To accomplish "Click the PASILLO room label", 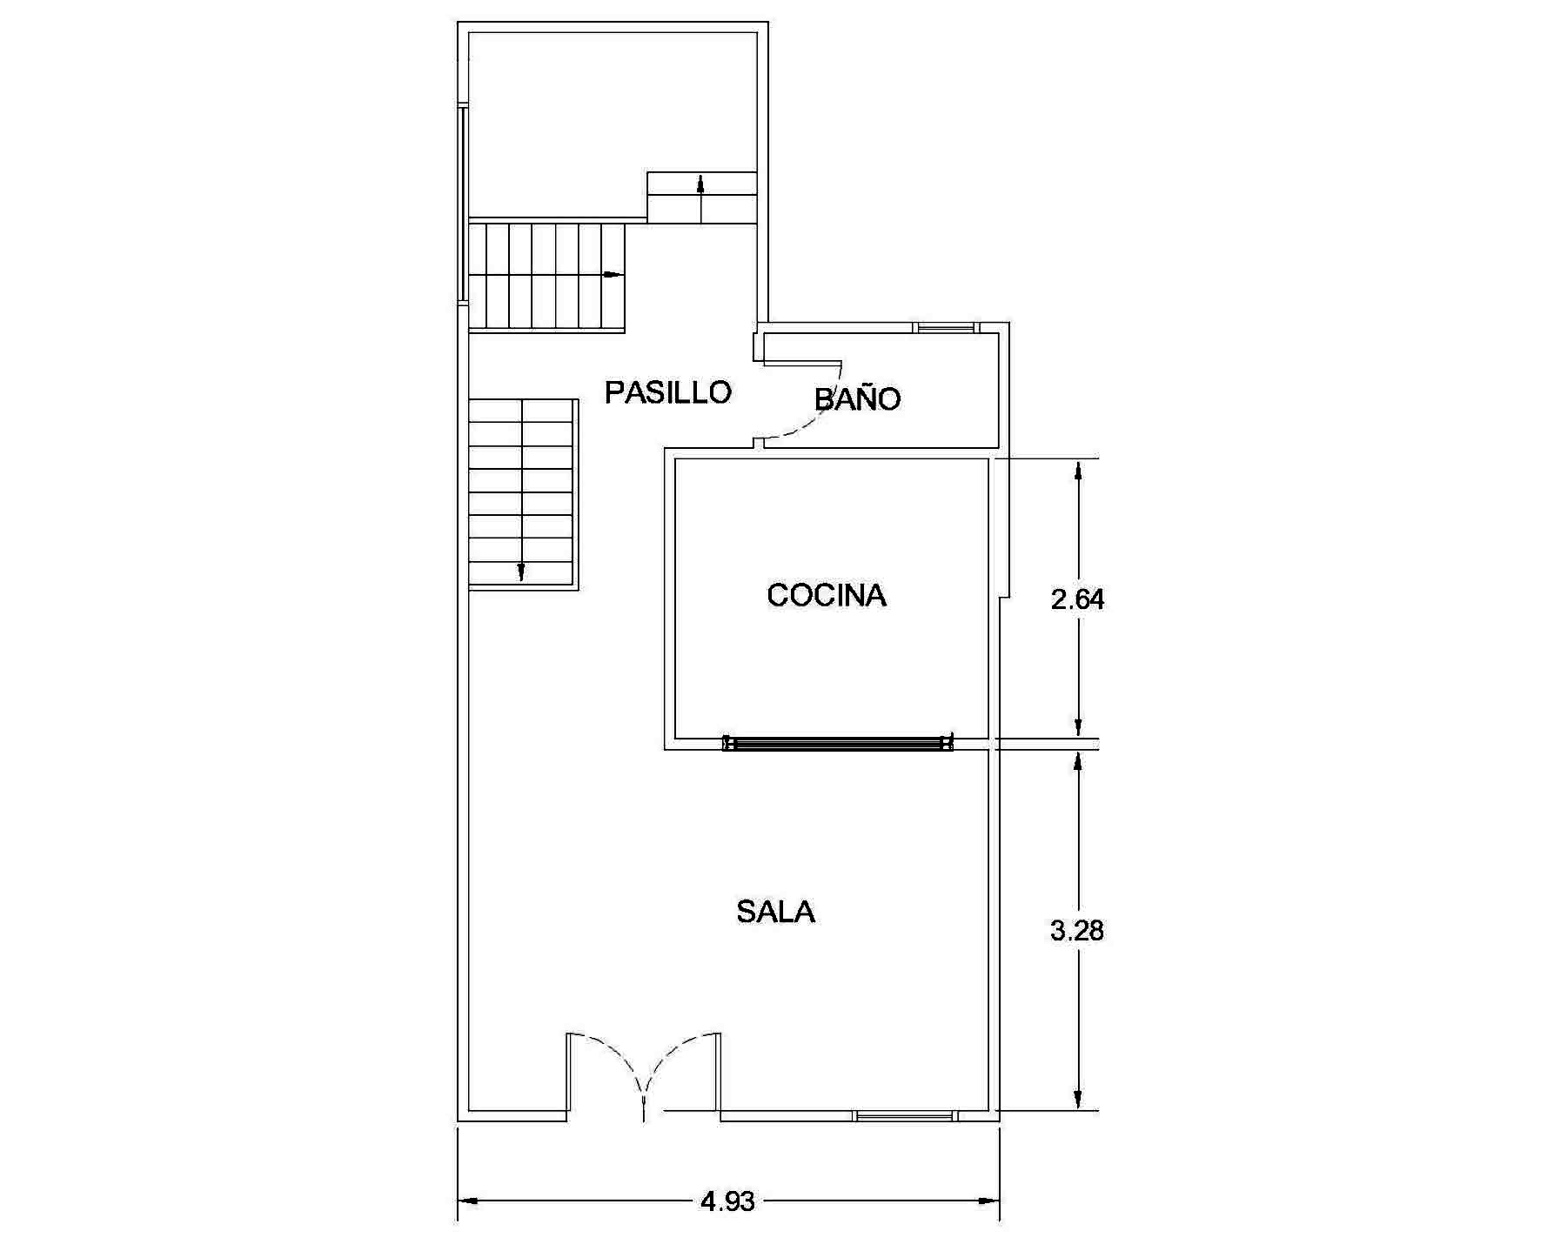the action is [668, 392].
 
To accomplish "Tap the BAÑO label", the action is [857, 398].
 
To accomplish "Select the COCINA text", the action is [827, 595].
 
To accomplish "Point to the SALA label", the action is [775, 912].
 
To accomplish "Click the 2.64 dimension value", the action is [1077, 599].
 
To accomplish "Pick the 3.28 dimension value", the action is [1077, 931].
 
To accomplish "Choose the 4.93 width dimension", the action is [727, 1201].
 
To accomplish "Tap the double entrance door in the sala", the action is [643, 1074].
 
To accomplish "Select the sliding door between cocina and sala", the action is [838, 743].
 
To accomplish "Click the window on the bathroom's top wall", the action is [946, 328].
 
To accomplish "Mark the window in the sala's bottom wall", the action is [905, 1115].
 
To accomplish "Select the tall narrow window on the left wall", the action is [463, 204].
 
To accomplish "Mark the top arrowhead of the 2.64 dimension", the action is [1079, 471].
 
